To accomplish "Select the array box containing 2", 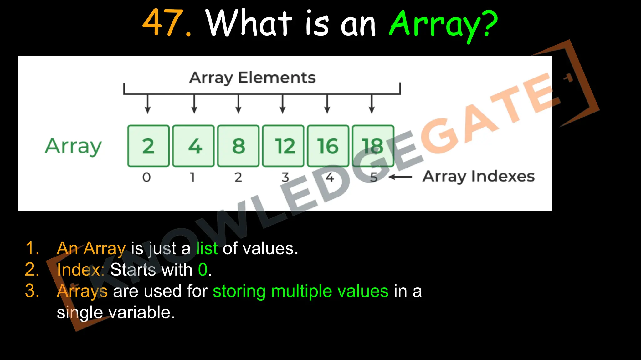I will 148,146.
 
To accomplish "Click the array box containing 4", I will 193,146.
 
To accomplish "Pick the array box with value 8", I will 238,146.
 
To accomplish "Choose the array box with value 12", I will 283,146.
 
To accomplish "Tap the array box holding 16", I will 328,146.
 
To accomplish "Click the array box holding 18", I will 373,146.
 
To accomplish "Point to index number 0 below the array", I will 146,177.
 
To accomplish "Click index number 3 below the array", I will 285,177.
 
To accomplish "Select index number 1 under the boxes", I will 192,177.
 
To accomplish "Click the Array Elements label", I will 252,77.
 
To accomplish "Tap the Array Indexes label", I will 478,177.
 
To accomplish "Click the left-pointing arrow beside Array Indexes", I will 400,177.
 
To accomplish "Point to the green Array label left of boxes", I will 74,146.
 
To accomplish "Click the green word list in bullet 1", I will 207,248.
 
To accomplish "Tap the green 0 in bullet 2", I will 203,269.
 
